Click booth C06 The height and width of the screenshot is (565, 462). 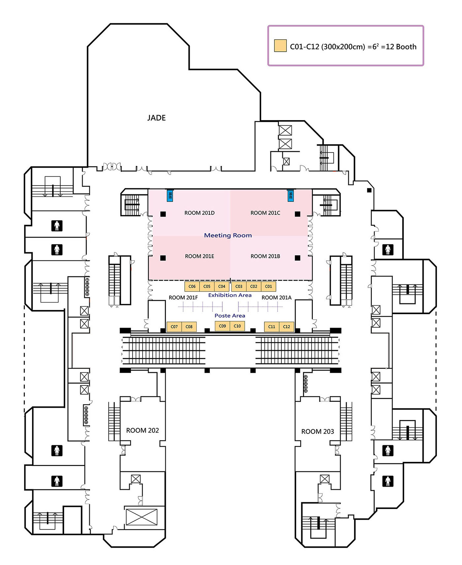point(192,286)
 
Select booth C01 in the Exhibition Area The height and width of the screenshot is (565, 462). point(269,286)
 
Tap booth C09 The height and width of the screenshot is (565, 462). point(222,326)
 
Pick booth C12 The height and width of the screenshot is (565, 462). point(286,327)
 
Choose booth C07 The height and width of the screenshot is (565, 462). point(174,327)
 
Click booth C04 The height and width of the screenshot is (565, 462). point(222,286)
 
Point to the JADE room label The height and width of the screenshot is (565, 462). point(156,118)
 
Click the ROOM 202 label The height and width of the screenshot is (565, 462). point(143,430)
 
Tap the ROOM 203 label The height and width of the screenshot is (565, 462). point(317,431)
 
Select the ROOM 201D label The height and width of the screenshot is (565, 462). point(199,213)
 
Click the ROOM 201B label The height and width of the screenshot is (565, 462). point(265,256)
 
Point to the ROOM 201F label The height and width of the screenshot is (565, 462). point(183,298)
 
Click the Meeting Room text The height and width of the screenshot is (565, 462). point(228,235)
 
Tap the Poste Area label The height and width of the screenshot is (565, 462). point(230,316)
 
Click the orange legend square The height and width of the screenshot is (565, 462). point(280,46)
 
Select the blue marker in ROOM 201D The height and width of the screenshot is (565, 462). point(170,195)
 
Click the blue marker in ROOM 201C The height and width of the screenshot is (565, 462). point(290,195)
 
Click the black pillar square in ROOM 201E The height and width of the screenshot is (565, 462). point(163,258)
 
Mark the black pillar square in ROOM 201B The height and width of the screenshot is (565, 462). point(297,258)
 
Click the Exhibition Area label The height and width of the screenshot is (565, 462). point(230,295)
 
